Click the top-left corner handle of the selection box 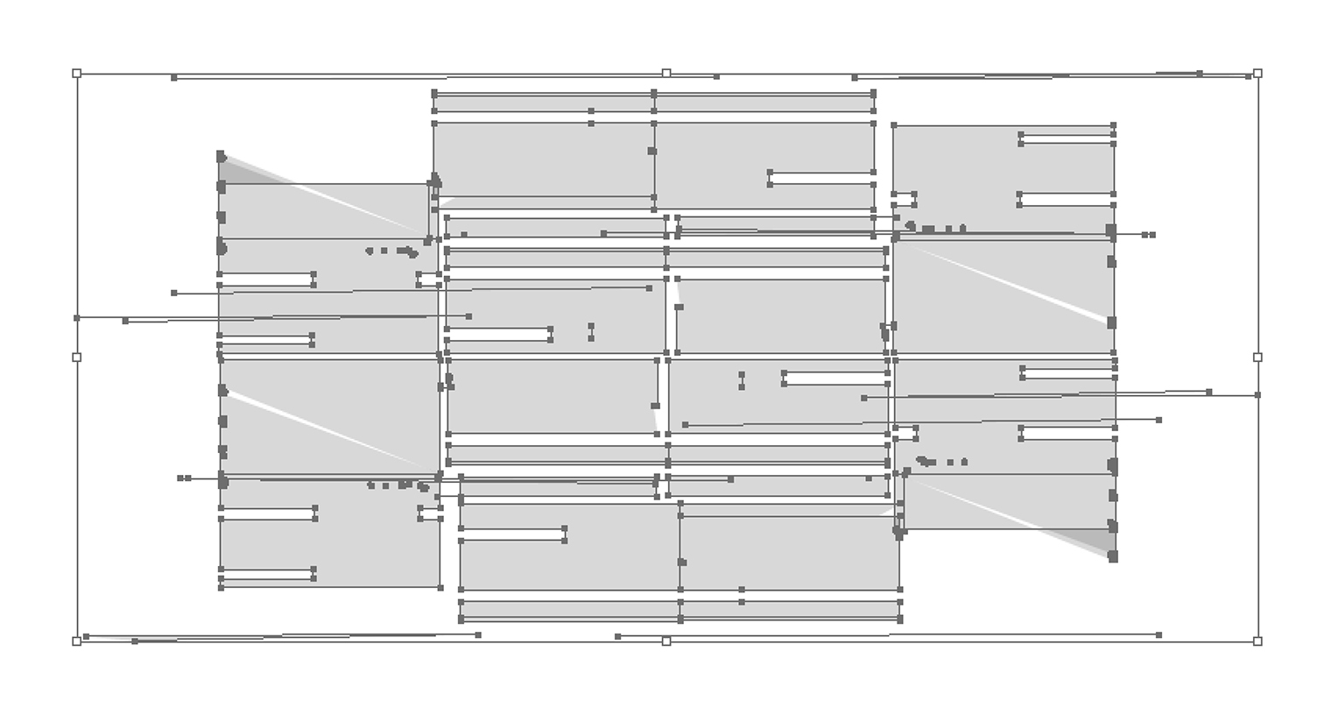point(77,74)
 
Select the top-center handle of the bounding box point(666,74)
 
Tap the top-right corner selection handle point(1257,74)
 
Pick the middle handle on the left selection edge point(77,358)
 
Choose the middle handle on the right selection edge point(1257,358)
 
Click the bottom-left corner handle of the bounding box point(77,641)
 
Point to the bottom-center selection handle point(666,641)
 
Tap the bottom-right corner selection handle point(1257,641)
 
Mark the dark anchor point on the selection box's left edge point(77,318)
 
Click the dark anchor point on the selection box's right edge point(1257,395)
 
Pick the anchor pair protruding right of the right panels point(1149,235)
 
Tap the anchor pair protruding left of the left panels point(184,478)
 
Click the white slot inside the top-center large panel point(821,179)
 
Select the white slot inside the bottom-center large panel point(512,535)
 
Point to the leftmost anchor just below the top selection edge point(174,78)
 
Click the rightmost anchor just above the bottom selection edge point(1158,635)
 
